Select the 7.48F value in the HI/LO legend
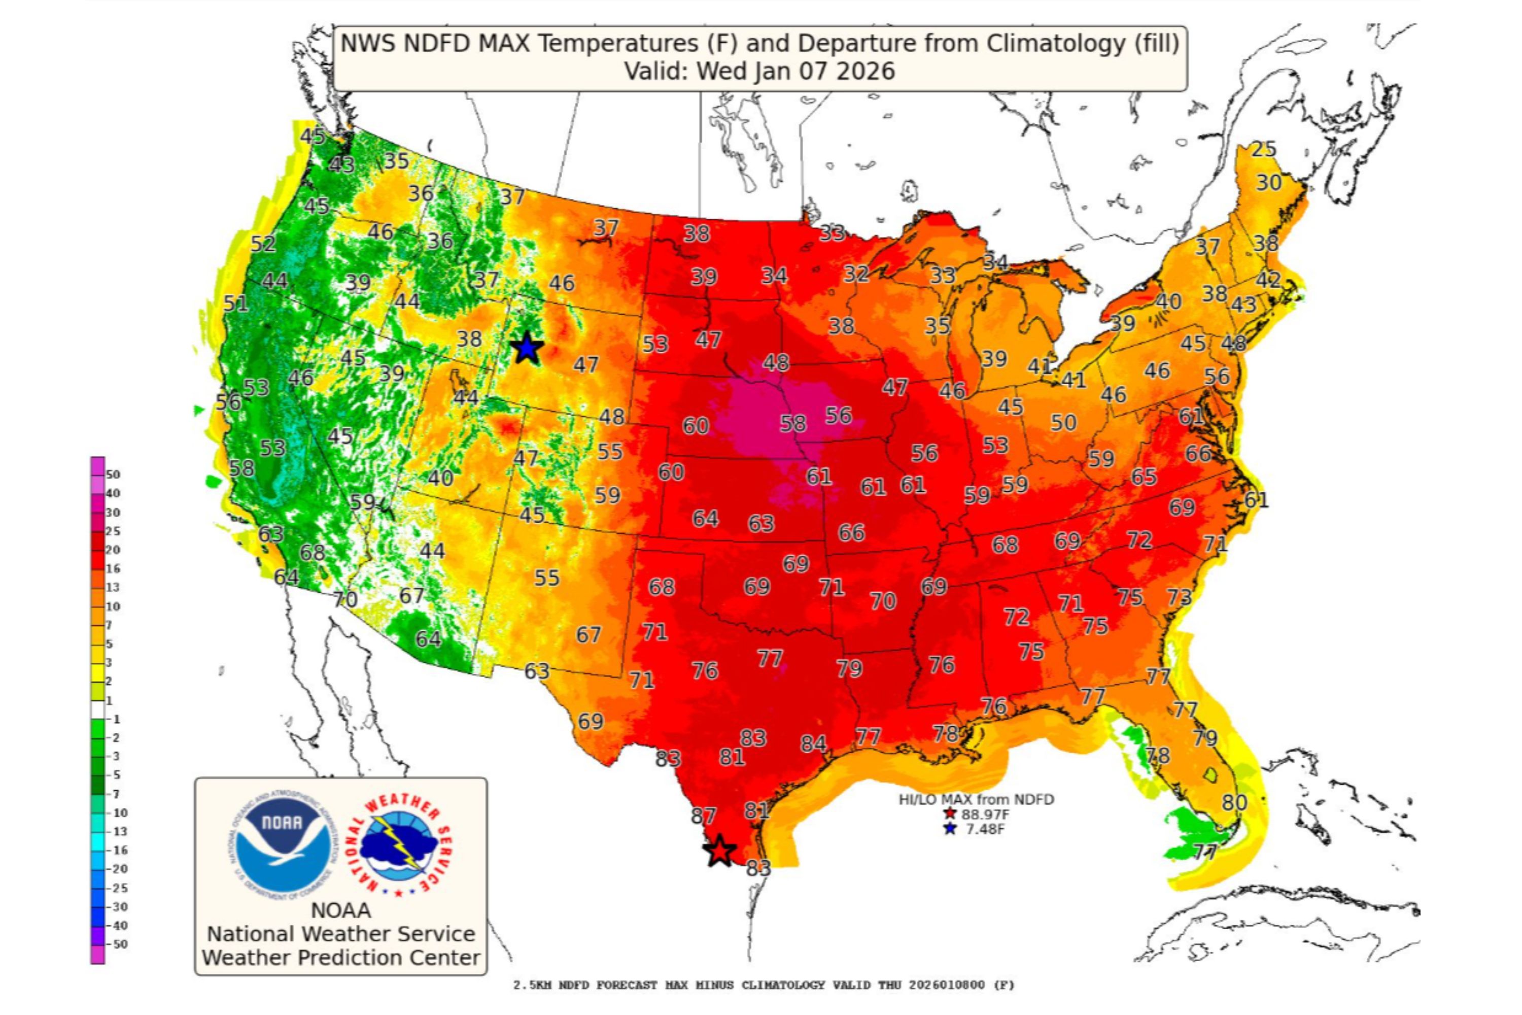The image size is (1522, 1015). tap(984, 829)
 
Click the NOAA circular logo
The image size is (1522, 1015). tap(282, 845)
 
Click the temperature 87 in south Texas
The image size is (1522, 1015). tap(703, 816)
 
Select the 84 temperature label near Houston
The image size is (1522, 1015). tap(813, 743)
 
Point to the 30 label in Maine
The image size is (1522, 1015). tap(1268, 183)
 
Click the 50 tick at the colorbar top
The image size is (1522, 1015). tap(113, 475)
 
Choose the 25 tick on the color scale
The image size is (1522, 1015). tap(113, 531)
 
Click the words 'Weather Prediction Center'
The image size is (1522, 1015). tap(341, 957)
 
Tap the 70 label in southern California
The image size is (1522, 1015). tap(345, 599)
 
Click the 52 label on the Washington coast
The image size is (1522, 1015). tap(263, 244)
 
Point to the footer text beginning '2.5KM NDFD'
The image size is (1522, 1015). tap(764, 985)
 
